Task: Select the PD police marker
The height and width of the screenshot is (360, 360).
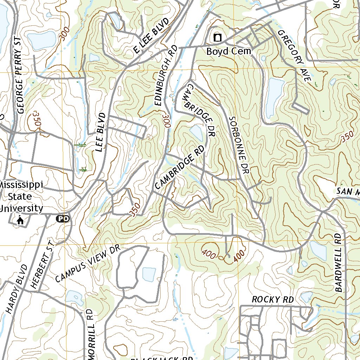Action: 63,219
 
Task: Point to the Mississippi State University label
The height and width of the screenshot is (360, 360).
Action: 21,197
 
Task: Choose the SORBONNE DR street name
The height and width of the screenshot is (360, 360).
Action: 239,146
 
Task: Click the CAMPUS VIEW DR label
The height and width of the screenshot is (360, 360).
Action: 88,264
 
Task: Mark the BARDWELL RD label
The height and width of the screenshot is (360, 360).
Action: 338,262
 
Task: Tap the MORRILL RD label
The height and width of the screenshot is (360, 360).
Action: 91,334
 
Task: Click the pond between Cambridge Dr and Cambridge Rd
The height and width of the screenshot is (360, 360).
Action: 197,133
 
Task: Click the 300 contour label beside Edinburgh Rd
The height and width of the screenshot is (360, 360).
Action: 166,123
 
